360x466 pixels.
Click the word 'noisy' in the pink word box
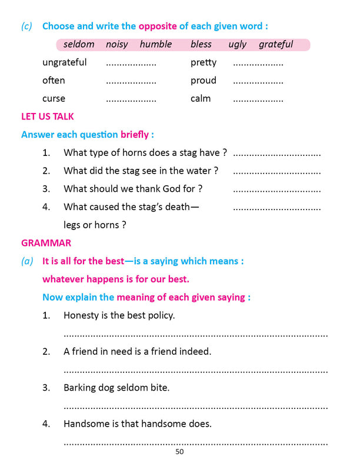116,44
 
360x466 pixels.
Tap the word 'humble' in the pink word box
156,44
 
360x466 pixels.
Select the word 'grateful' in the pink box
275,44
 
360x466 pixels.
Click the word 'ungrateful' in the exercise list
65,62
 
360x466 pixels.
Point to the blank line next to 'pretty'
258,64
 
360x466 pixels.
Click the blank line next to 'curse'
131,100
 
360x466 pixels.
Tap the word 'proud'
204,81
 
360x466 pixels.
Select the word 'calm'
201,98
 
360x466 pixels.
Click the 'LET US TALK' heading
48,116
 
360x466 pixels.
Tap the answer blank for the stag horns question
276,155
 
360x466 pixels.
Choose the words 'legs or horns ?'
95,225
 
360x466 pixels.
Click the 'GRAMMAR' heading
46,243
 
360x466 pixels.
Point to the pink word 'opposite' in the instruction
158,26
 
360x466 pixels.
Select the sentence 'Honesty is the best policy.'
119,315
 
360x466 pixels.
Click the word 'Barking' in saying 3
80,388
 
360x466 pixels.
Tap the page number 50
179,452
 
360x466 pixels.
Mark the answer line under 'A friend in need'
195,371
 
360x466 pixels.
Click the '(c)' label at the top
26,26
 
